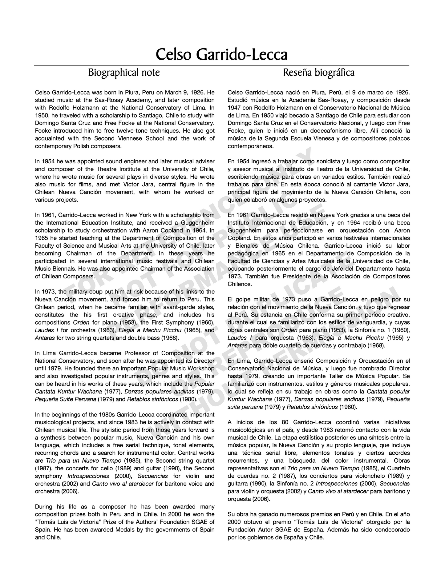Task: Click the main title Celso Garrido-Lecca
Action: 221,55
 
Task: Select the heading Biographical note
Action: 124,73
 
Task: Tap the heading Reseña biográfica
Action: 318,73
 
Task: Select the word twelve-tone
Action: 147,131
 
